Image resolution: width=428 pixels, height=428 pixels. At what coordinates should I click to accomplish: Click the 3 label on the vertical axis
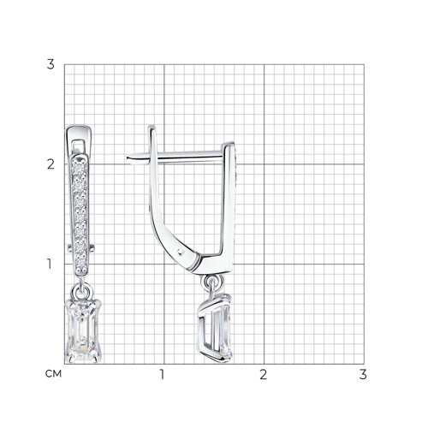click(x=51, y=64)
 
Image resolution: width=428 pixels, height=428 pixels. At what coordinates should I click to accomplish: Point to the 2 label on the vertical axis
click(x=51, y=164)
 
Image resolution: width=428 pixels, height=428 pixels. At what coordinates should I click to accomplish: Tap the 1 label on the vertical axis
click(x=50, y=264)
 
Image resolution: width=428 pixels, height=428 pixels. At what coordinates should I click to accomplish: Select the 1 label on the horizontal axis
click(x=162, y=374)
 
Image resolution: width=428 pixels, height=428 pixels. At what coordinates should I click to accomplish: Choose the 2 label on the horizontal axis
click(x=264, y=374)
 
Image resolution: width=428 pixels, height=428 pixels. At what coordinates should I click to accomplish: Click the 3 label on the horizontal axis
click(x=363, y=374)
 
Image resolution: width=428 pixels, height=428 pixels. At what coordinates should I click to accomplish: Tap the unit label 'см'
click(x=53, y=374)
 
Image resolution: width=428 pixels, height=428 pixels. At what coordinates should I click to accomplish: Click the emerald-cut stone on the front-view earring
click(x=83, y=331)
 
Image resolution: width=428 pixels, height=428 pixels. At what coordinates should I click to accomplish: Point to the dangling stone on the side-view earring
click(x=217, y=328)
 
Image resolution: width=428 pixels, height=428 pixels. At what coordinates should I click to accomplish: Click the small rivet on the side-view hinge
click(x=180, y=252)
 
